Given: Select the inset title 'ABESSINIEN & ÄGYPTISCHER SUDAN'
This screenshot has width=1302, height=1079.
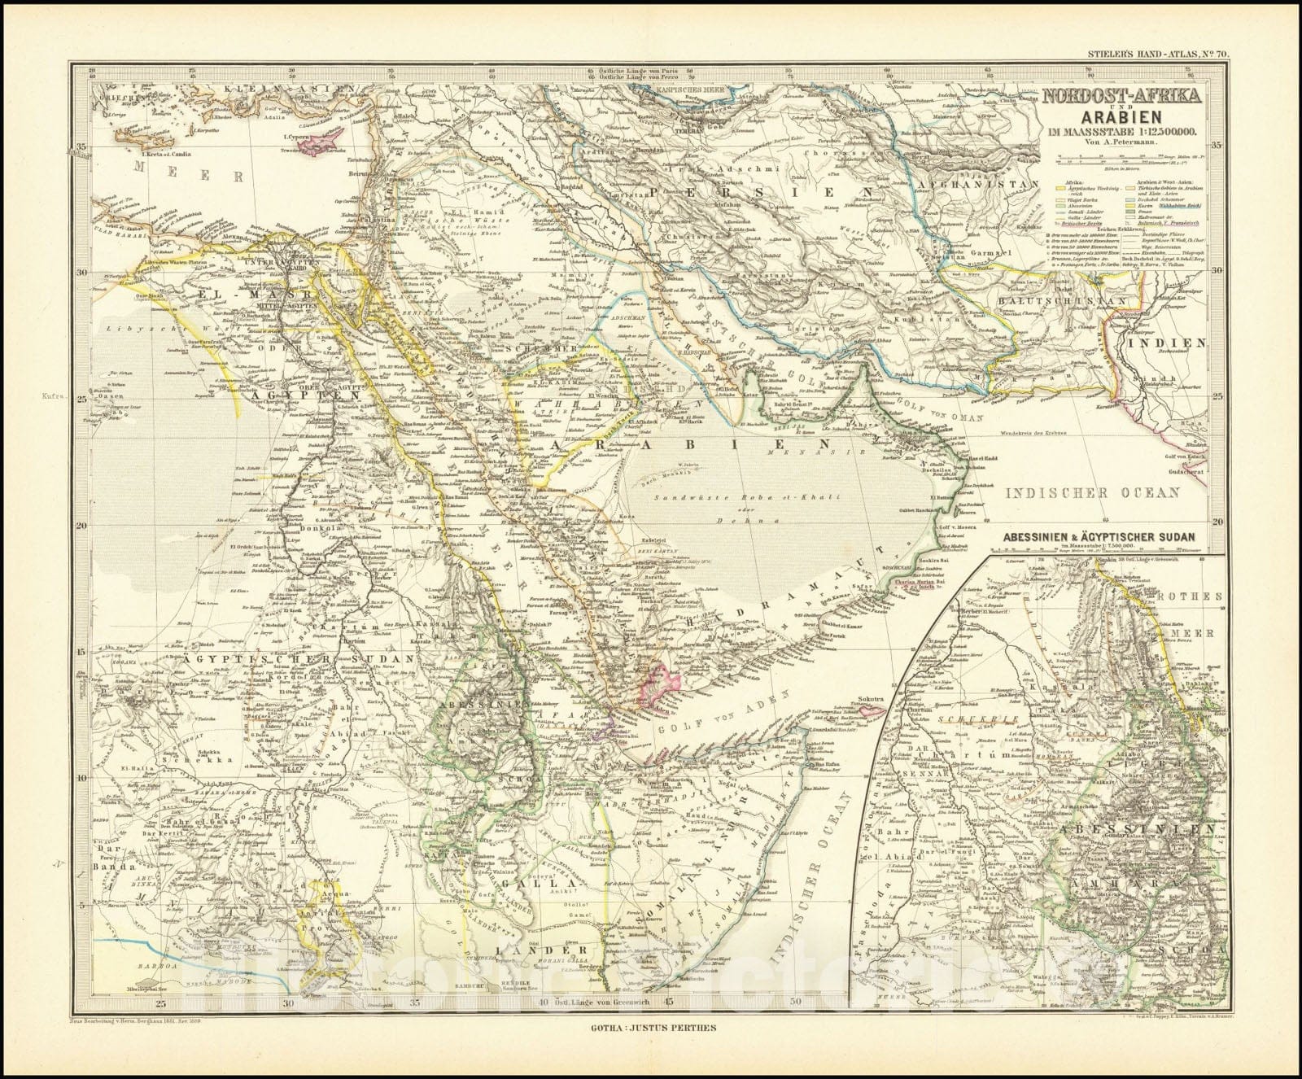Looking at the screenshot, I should (x=1099, y=537).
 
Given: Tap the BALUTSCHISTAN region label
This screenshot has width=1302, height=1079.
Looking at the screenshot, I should (x=1062, y=299).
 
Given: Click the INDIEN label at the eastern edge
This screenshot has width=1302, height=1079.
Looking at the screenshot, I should (x=1176, y=343).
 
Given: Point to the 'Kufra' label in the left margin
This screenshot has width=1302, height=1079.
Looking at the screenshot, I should (x=63, y=399).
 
